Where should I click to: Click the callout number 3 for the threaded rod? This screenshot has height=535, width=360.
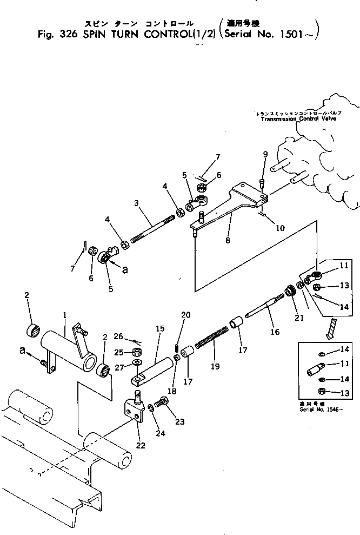point(137,204)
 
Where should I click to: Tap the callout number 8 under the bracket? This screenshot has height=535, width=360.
point(228,240)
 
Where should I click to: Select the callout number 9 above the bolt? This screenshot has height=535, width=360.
point(265,154)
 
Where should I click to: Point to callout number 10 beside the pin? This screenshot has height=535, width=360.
point(281,228)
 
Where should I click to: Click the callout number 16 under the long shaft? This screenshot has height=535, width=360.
point(275,332)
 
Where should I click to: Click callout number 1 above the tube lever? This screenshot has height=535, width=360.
point(65,314)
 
